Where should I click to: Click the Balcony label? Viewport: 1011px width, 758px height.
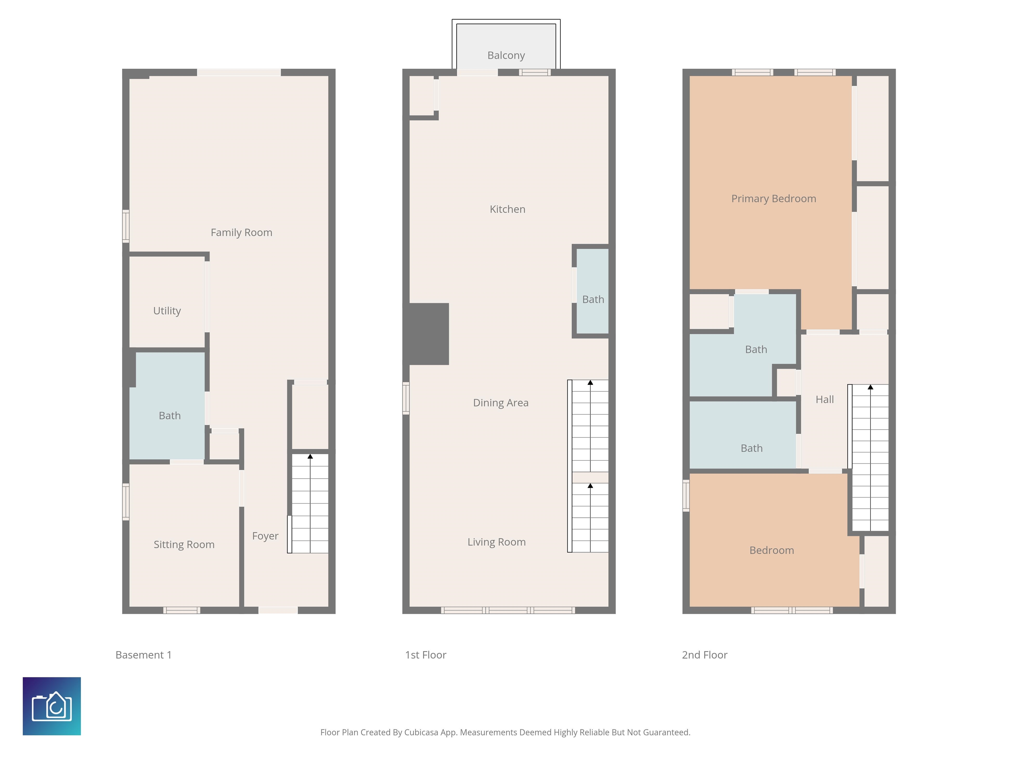coord(506,55)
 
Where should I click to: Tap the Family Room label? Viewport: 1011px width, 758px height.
coord(241,233)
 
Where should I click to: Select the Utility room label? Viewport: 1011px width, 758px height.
coord(167,311)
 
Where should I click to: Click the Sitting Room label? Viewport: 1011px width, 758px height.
coord(184,544)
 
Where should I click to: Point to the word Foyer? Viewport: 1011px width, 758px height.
coord(265,536)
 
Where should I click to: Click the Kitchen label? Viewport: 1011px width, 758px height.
coord(507,209)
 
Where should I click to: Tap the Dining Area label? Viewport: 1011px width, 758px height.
coord(501,403)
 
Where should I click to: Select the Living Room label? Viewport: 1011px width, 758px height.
coord(496,542)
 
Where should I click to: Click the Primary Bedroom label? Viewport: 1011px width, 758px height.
coord(773,199)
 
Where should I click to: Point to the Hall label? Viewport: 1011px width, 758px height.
coord(824,400)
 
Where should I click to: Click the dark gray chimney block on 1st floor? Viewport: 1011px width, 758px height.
coord(428,334)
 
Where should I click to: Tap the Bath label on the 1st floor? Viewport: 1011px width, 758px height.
coord(593,300)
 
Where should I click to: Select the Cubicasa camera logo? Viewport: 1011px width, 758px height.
coord(52,706)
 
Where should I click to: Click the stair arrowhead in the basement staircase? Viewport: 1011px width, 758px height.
coord(310,456)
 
